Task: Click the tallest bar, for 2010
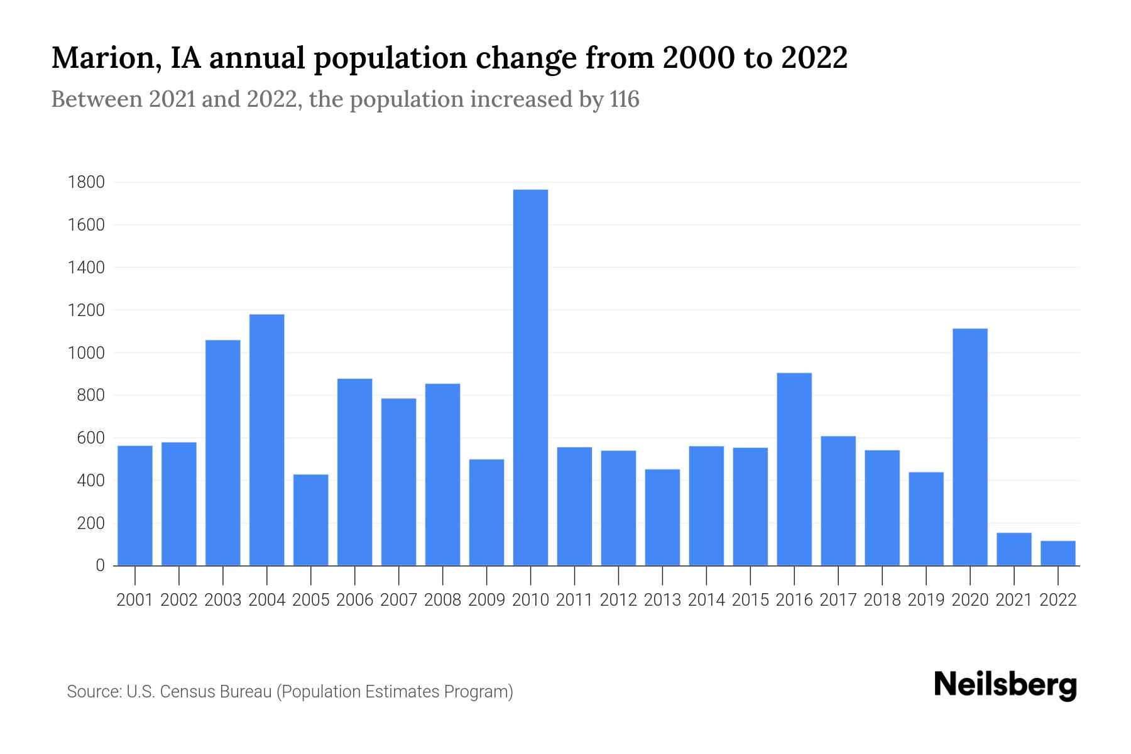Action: [530, 377]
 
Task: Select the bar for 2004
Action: [266, 440]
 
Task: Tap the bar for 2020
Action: [970, 447]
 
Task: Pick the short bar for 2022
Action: [1057, 554]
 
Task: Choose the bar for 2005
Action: [310, 520]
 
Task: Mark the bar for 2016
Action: [794, 469]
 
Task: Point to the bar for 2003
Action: [222, 452]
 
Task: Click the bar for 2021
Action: [1014, 549]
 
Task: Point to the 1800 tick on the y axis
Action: [87, 182]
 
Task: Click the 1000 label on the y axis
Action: [87, 352]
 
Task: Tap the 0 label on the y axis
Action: [100, 565]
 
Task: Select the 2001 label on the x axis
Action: [134, 600]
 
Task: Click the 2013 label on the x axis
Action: [662, 600]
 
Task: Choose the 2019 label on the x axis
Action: [926, 600]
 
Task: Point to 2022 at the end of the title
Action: [814, 58]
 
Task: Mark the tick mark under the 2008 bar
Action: [442, 574]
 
